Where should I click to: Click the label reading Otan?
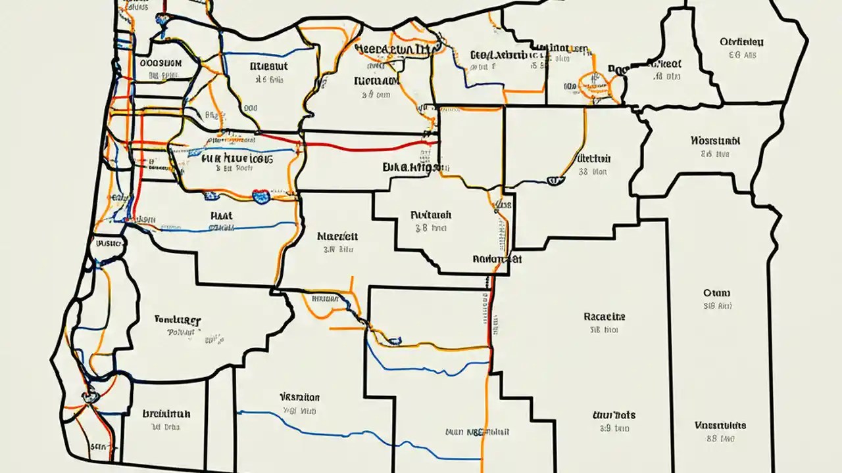click(716, 293)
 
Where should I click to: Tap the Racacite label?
click(604, 316)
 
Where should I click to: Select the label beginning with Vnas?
click(720, 426)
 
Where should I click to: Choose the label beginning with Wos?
click(716, 141)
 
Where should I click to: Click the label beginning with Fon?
click(178, 320)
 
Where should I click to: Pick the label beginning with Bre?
click(166, 414)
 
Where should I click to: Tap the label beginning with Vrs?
click(299, 397)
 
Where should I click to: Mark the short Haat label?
click(221, 215)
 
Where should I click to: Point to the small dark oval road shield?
click(395, 340)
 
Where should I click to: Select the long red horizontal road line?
click(368, 145)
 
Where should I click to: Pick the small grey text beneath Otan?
click(717, 306)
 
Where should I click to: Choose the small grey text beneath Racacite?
click(604, 330)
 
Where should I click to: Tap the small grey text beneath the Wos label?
click(716, 154)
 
